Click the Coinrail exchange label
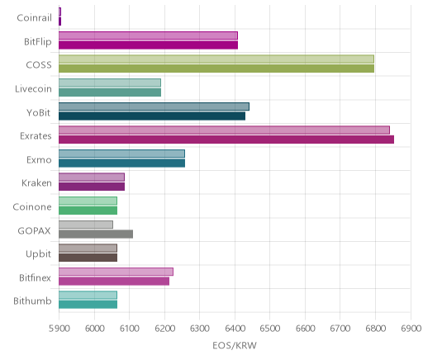(x=34, y=18)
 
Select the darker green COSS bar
(x=216, y=69)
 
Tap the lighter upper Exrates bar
(x=224, y=130)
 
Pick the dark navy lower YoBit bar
(x=152, y=116)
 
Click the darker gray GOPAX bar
(x=96, y=234)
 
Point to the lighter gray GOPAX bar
(x=86, y=225)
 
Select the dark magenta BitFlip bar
(x=149, y=45)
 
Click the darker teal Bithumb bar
(x=88, y=305)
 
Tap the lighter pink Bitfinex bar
(x=116, y=272)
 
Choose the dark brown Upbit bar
(x=88, y=258)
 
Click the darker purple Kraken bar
(x=92, y=187)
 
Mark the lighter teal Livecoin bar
(x=110, y=83)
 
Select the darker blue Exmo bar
(x=122, y=163)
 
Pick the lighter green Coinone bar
(x=88, y=201)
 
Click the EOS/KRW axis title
(x=235, y=345)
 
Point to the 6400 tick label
(x=235, y=329)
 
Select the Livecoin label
(x=33, y=89)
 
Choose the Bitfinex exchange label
(x=35, y=278)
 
